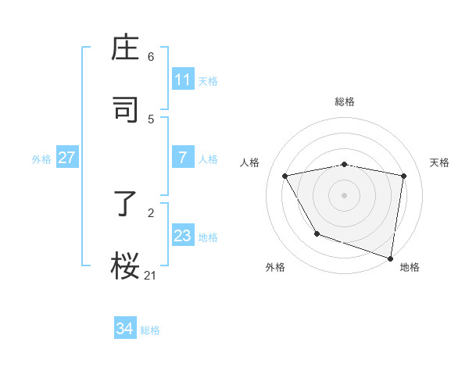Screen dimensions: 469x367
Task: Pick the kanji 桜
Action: [x=126, y=264]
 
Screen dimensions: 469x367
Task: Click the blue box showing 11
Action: [x=183, y=80]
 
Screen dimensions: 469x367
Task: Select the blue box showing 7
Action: [x=183, y=158]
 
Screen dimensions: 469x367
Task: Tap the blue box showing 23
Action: [x=183, y=236]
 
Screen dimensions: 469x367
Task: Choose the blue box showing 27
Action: [x=67, y=158]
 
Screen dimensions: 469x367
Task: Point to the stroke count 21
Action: [x=151, y=274]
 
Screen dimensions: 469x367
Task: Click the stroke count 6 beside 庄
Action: [x=151, y=57]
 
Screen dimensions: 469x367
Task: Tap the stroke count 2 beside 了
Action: [x=151, y=212]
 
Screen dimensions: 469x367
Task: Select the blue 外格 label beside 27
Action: [x=41, y=159]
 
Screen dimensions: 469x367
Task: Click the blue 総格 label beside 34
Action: [x=150, y=330]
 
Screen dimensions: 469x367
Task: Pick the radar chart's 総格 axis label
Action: [x=345, y=102]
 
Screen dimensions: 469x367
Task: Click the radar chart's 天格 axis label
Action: [x=439, y=162]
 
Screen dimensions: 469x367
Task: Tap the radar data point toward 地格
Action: [x=391, y=258]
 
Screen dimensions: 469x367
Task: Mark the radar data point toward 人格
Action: [x=285, y=176]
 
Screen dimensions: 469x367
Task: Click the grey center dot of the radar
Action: [x=345, y=194]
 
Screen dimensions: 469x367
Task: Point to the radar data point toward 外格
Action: [x=317, y=233]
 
